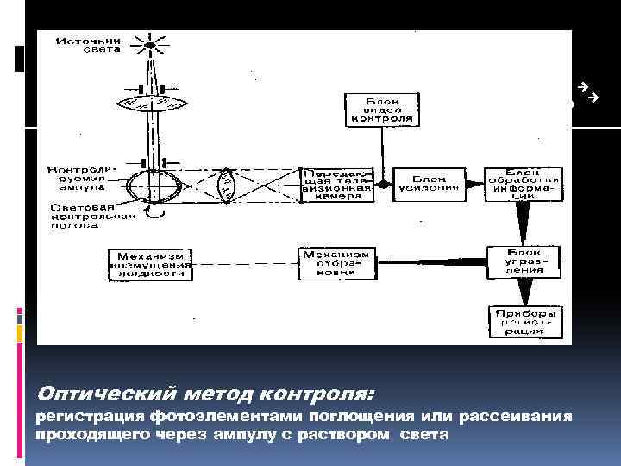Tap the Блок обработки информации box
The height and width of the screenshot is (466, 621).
[524, 182]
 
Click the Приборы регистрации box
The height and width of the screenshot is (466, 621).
[524, 321]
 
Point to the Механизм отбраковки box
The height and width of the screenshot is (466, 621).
[336, 262]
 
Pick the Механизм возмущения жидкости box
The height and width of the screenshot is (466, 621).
[151, 262]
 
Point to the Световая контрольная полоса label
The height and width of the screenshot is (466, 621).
[79, 217]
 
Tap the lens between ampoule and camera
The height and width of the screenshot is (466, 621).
[225, 185]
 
